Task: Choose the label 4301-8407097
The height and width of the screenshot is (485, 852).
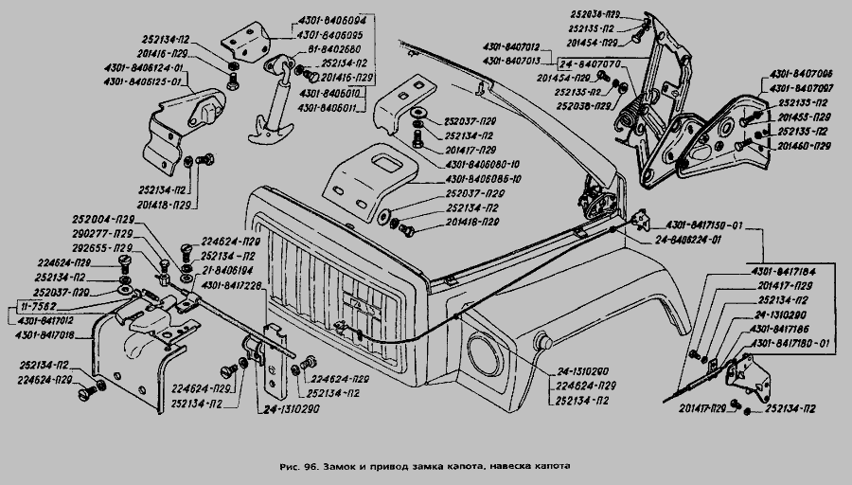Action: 801,86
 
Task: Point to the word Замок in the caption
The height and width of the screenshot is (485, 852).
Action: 342,466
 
